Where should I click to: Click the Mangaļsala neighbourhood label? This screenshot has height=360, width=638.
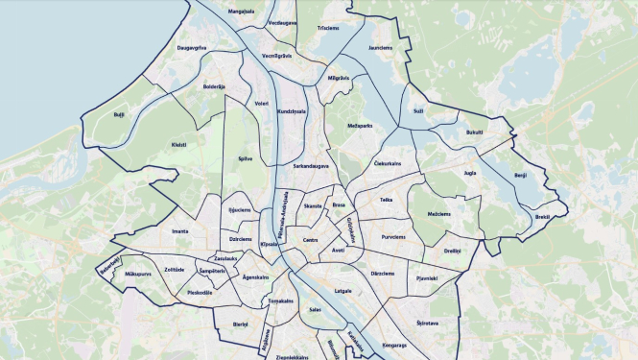242,12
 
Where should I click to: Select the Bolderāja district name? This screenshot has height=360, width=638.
213,87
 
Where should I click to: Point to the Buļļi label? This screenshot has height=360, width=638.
119,113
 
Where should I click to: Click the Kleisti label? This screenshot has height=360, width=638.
179,145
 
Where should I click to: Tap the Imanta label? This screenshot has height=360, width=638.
179,231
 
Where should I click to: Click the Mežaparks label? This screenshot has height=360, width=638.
360,126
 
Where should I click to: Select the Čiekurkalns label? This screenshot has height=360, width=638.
387,163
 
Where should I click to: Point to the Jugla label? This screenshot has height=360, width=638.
469,174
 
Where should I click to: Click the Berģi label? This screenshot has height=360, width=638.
521,176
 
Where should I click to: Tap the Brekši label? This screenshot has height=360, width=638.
542,217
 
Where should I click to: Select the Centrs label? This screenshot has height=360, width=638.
310,240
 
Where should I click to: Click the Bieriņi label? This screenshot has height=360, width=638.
240,325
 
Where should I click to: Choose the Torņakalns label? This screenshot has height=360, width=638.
280,300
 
